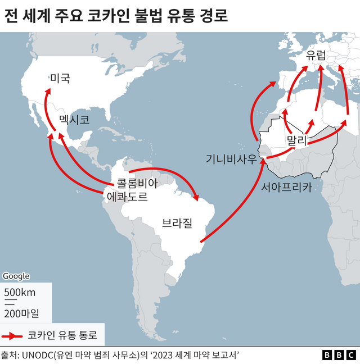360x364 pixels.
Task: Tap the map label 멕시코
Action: (74, 120)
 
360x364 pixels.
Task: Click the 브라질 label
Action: (177, 223)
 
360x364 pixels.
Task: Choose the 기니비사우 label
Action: (231, 159)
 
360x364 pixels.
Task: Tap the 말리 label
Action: (296, 140)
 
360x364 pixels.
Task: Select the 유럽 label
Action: (316, 55)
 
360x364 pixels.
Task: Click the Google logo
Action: (16, 276)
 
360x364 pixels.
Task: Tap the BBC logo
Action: (339, 355)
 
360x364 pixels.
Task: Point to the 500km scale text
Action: (20, 292)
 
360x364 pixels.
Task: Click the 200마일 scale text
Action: (22, 312)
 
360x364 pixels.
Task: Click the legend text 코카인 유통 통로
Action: (62, 336)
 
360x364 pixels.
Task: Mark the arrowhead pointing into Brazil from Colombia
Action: (196, 197)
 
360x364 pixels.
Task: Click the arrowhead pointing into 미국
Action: (47, 96)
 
